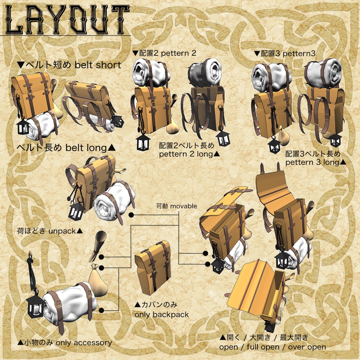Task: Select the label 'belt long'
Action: [x=86, y=148]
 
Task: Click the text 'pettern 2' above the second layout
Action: [x=179, y=53]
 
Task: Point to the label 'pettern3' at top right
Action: [x=299, y=54]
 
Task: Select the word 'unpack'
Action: [x=62, y=231]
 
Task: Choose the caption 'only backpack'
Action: [x=162, y=315]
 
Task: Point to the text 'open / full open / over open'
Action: [x=273, y=347]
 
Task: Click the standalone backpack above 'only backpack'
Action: [x=153, y=268]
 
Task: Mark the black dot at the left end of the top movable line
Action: [x=131, y=215]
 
